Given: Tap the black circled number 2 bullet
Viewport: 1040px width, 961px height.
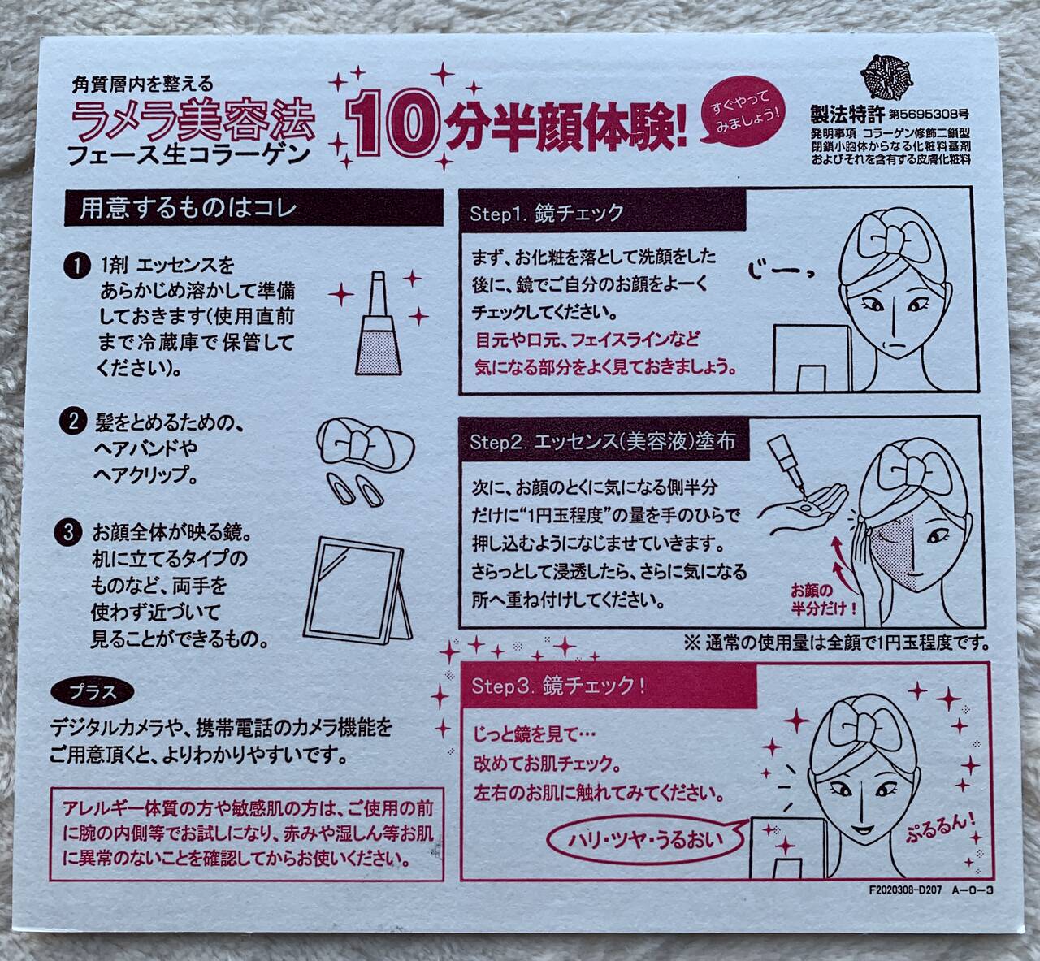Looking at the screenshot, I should [73, 422].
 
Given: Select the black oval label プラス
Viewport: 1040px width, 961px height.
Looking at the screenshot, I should [92, 693].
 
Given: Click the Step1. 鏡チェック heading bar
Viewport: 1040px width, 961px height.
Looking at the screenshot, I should [601, 213].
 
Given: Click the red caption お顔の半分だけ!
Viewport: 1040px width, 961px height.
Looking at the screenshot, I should [824, 597].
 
